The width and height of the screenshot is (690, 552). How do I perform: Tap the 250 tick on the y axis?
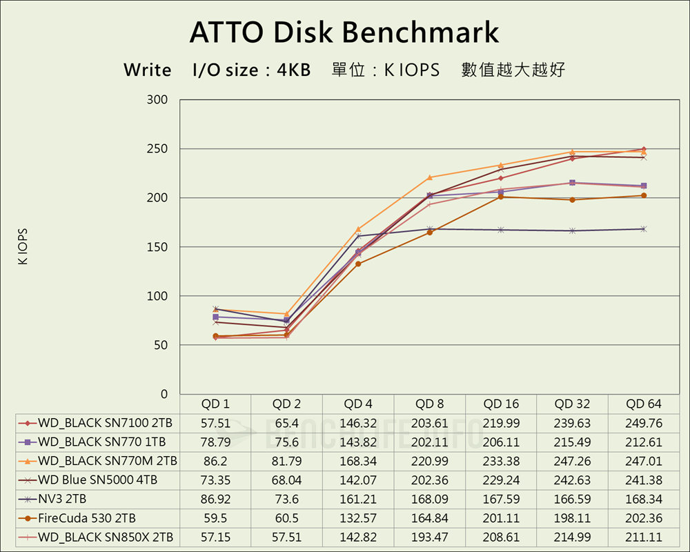click(x=157, y=149)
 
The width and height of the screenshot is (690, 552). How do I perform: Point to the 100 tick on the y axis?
click(x=157, y=296)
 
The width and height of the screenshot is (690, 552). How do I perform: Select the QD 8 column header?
click(x=429, y=404)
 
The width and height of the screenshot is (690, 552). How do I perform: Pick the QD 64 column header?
click(x=644, y=404)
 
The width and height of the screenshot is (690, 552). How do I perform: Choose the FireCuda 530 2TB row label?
click(x=87, y=518)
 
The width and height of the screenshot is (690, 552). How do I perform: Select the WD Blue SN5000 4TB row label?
click(x=97, y=480)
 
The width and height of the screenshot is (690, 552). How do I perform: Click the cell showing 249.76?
click(x=644, y=422)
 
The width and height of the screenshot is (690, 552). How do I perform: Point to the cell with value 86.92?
click(x=215, y=499)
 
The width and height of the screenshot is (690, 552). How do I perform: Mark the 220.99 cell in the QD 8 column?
click(x=429, y=460)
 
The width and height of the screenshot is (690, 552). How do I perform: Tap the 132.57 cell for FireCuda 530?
click(x=357, y=518)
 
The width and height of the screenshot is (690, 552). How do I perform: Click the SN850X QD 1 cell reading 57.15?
click(x=215, y=538)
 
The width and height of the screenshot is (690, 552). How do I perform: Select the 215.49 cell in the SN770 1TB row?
click(x=572, y=442)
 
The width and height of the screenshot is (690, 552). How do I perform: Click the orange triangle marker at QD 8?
click(x=429, y=177)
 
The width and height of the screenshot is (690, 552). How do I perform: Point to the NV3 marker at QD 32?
click(x=572, y=230)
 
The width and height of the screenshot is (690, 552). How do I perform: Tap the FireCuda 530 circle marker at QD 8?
click(x=429, y=233)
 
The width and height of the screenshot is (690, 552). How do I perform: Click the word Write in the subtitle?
click(x=147, y=70)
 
